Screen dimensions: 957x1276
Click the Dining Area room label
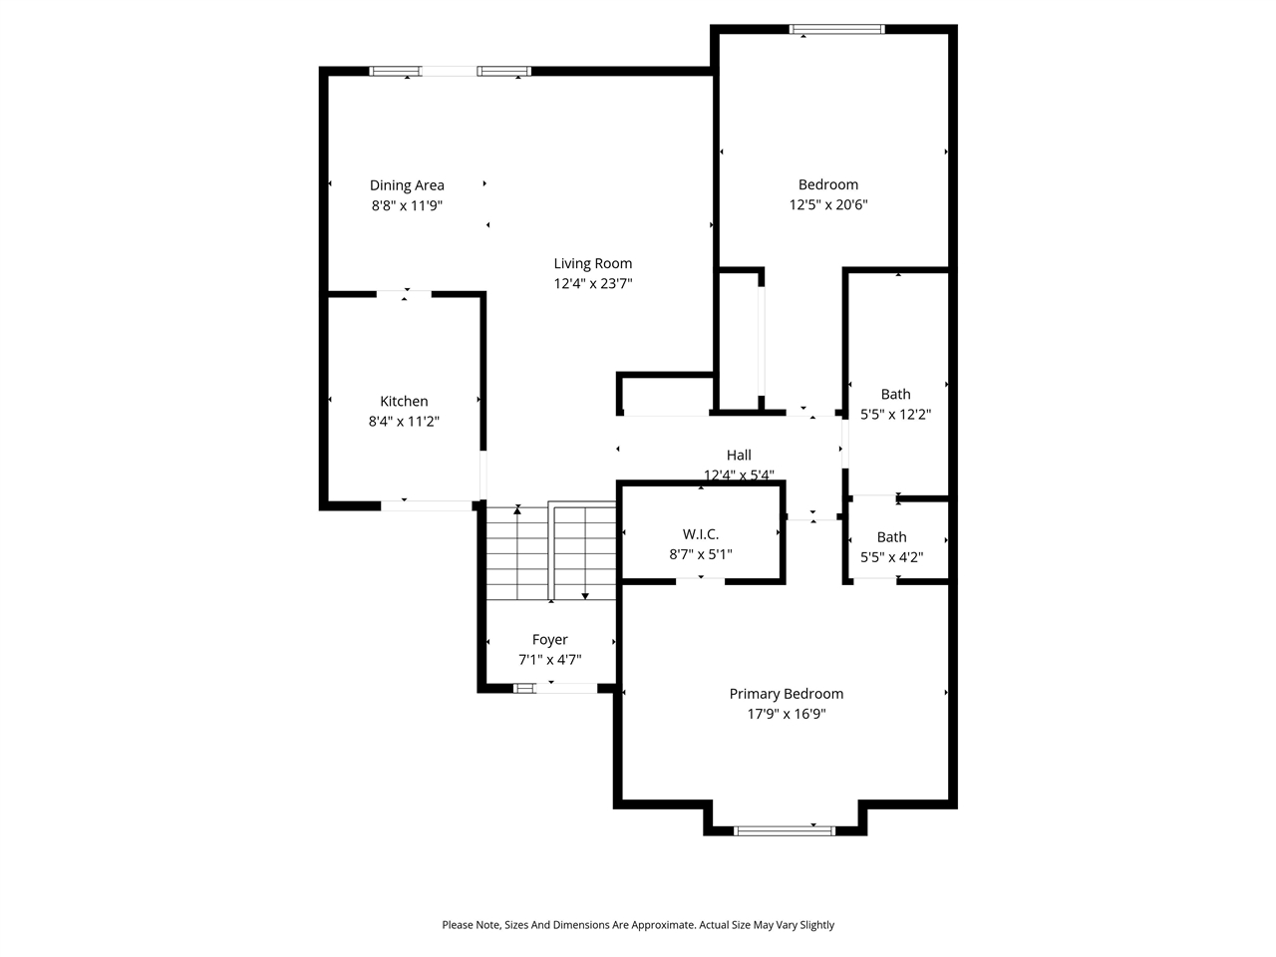(407, 184)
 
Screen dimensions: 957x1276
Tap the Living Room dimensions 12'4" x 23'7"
(593, 283)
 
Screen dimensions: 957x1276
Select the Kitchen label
(404, 401)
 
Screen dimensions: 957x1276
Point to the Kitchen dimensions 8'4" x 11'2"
(404, 422)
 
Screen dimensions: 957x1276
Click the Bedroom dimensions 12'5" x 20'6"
(828, 204)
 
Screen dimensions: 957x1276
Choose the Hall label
(739, 455)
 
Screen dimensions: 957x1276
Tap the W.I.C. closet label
(701, 534)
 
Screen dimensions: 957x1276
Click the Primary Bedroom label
(787, 694)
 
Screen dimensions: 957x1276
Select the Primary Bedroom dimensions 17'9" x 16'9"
(787, 714)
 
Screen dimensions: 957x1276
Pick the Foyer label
(549, 640)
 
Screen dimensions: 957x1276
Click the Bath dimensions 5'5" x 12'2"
(895, 414)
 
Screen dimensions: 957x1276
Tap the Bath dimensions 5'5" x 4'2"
(891, 557)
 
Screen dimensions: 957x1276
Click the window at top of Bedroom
(837, 29)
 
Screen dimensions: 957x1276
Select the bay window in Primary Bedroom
(785, 829)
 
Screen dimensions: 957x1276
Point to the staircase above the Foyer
(550, 552)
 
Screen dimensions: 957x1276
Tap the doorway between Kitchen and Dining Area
(405, 293)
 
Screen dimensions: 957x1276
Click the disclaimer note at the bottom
(638, 925)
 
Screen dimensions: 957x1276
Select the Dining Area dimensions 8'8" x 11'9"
(407, 205)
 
